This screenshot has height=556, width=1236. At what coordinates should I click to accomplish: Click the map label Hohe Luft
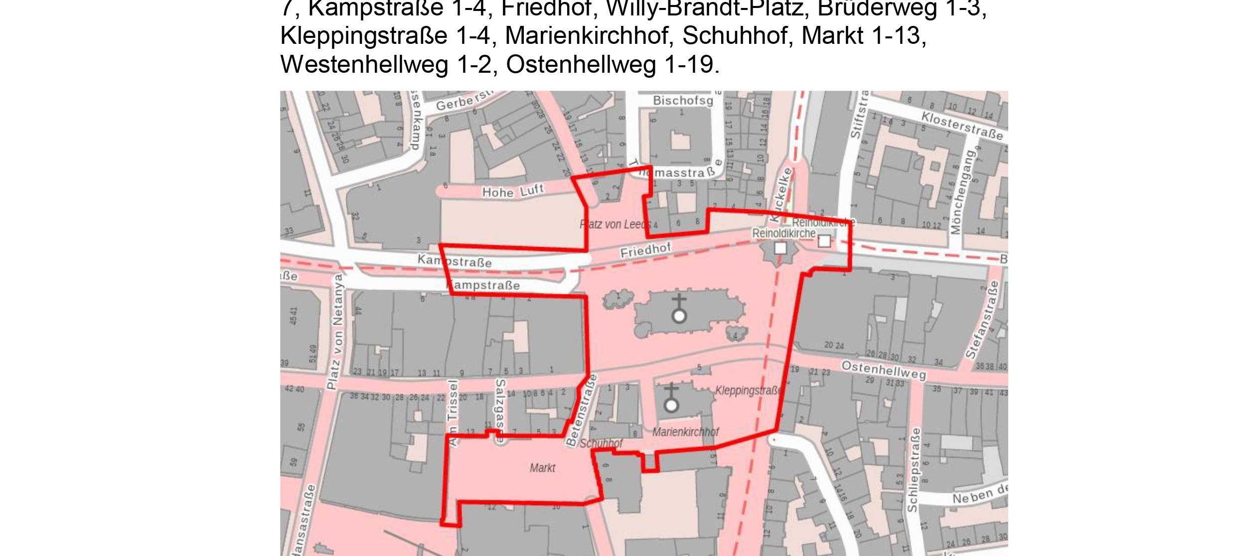click(x=512, y=191)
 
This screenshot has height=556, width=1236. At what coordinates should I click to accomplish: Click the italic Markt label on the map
click(x=542, y=468)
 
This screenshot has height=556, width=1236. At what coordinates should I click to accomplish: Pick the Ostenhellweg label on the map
click(x=883, y=370)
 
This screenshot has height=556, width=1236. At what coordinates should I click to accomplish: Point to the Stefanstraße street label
click(x=982, y=320)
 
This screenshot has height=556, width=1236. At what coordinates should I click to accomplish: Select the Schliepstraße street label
click(x=913, y=469)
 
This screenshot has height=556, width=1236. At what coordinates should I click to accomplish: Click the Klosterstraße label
click(x=961, y=126)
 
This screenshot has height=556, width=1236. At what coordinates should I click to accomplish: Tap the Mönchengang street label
click(x=962, y=192)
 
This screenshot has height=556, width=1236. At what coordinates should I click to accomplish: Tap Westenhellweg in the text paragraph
click(x=364, y=65)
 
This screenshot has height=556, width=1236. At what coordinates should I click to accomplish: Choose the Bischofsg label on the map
click(x=683, y=101)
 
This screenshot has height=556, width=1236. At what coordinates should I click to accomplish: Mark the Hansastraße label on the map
click(x=304, y=521)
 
